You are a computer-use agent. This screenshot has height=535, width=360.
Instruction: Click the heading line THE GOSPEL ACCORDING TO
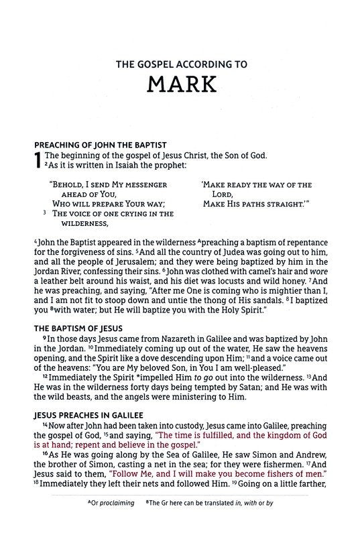(179, 65)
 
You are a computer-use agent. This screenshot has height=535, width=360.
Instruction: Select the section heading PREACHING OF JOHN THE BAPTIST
(100, 144)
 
